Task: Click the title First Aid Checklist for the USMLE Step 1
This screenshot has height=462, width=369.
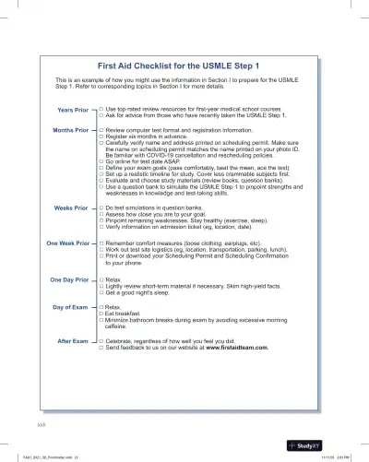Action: pyautogui.click(x=184, y=65)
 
